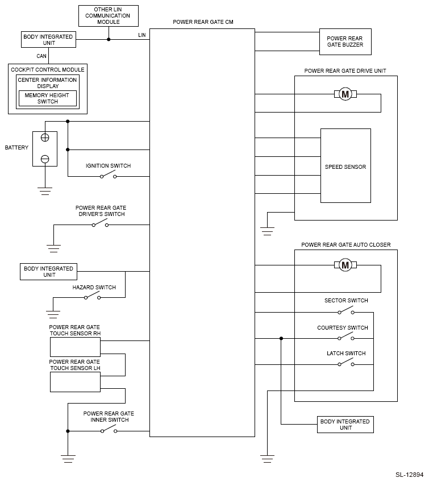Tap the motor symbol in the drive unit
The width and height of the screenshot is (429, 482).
coord(345,94)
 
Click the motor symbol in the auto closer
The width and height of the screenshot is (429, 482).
coord(345,265)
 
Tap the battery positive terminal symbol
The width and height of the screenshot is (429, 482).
coord(45,138)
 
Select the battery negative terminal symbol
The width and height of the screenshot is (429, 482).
coord(45,159)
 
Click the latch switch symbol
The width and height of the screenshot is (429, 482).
coord(346,363)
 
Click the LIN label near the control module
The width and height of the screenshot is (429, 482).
coord(142,35)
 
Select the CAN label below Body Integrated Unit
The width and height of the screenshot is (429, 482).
coord(41,56)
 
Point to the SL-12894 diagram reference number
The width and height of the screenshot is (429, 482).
coord(409,475)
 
